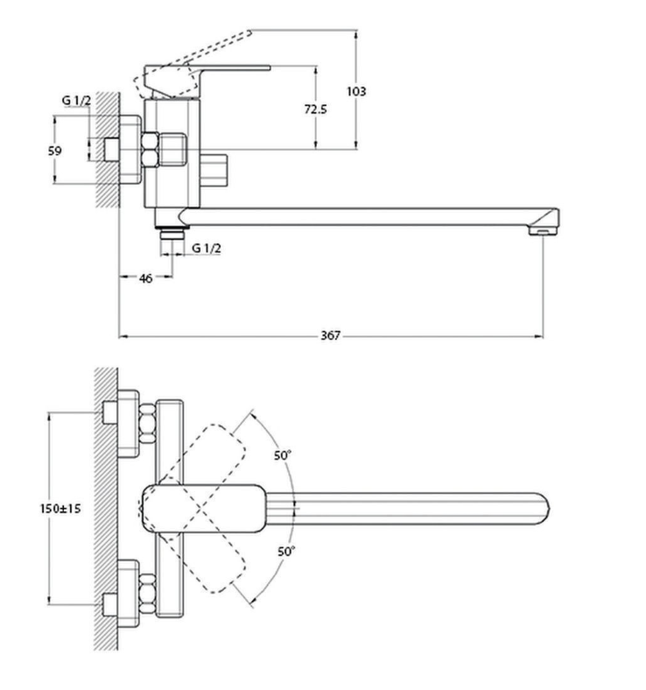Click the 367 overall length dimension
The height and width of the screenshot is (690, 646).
330,334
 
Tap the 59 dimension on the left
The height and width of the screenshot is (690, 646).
54,151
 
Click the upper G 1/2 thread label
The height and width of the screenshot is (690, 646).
76,102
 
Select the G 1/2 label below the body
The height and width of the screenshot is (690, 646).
207,249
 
